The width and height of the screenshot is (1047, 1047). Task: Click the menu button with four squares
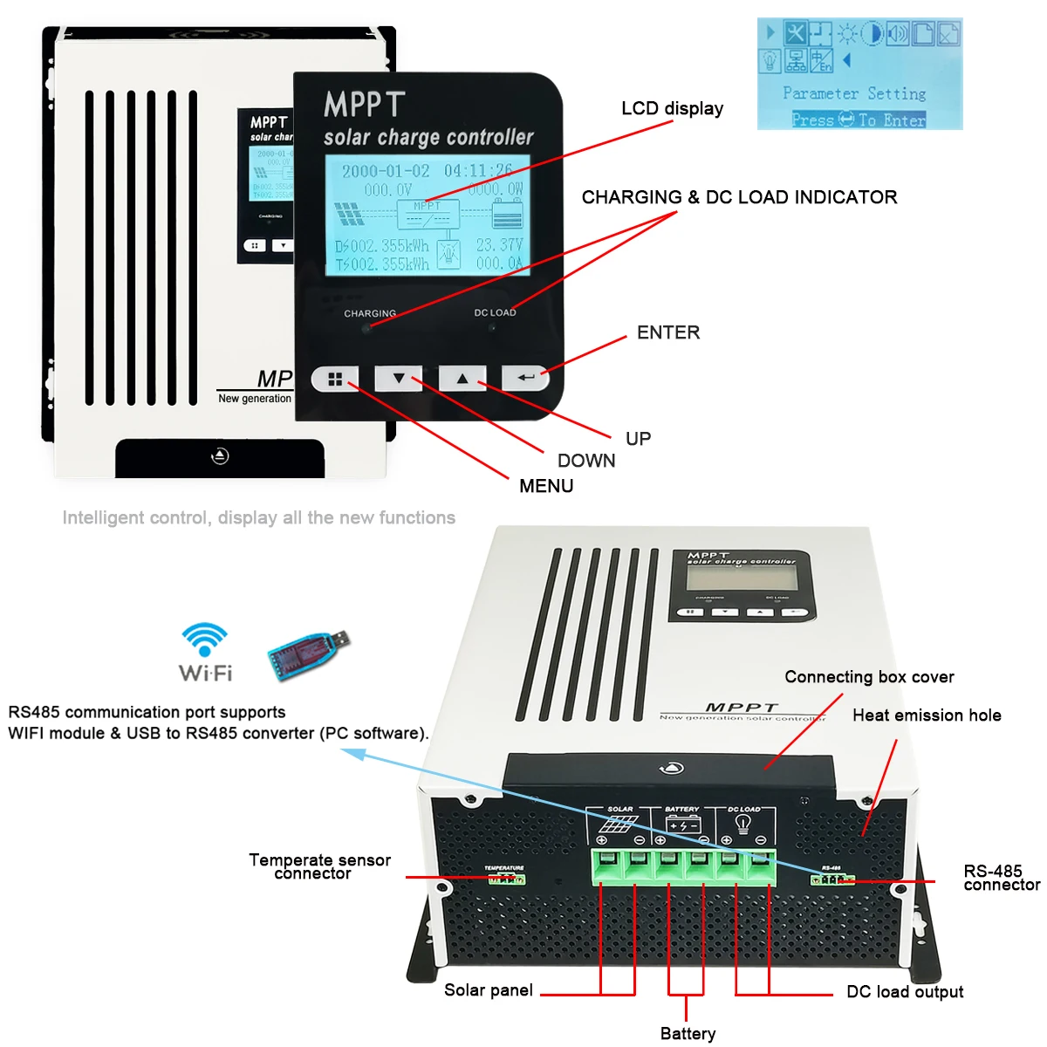[335, 380]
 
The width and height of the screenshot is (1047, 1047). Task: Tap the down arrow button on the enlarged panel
[399, 379]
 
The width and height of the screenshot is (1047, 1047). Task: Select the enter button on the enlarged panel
[525, 378]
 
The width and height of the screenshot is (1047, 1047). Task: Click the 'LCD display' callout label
[672, 109]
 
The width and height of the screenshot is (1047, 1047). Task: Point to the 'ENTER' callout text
[668, 332]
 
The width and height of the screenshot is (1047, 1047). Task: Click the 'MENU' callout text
[546, 486]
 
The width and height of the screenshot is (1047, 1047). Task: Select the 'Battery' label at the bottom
[688, 1034]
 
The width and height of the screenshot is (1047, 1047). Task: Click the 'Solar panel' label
[489, 990]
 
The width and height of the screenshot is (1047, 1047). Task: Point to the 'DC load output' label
[905, 992]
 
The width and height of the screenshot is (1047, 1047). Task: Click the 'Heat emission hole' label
[927, 715]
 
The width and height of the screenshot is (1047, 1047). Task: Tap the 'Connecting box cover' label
[869, 677]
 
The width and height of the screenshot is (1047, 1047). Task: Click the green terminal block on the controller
[684, 866]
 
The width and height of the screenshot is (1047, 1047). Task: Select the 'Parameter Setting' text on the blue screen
[854, 93]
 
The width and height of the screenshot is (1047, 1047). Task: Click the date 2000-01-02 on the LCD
[386, 171]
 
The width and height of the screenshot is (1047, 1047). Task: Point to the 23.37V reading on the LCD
[499, 245]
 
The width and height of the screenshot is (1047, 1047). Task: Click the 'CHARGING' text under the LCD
[370, 313]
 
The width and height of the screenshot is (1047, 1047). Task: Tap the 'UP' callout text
[638, 439]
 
